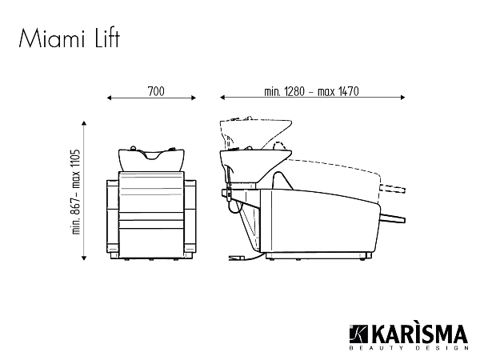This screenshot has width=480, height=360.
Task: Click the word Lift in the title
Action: pyautogui.click(x=107, y=38)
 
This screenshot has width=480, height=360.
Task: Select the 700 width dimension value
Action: pyautogui.click(x=156, y=91)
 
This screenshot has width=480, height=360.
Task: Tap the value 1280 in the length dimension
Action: pyautogui.click(x=294, y=91)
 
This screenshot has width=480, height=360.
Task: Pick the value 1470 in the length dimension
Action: pyautogui.click(x=348, y=91)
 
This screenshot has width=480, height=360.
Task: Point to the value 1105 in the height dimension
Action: pyautogui.click(x=75, y=160)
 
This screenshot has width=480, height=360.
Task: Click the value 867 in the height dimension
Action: pyautogui.click(x=75, y=207)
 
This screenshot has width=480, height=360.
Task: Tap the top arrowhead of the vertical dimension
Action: pyautogui.click(x=84, y=123)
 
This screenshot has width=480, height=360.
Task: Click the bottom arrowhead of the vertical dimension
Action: pyautogui.click(x=84, y=258)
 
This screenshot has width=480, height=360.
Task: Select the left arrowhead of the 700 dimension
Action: pyautogui.click(x=110, y=98)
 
